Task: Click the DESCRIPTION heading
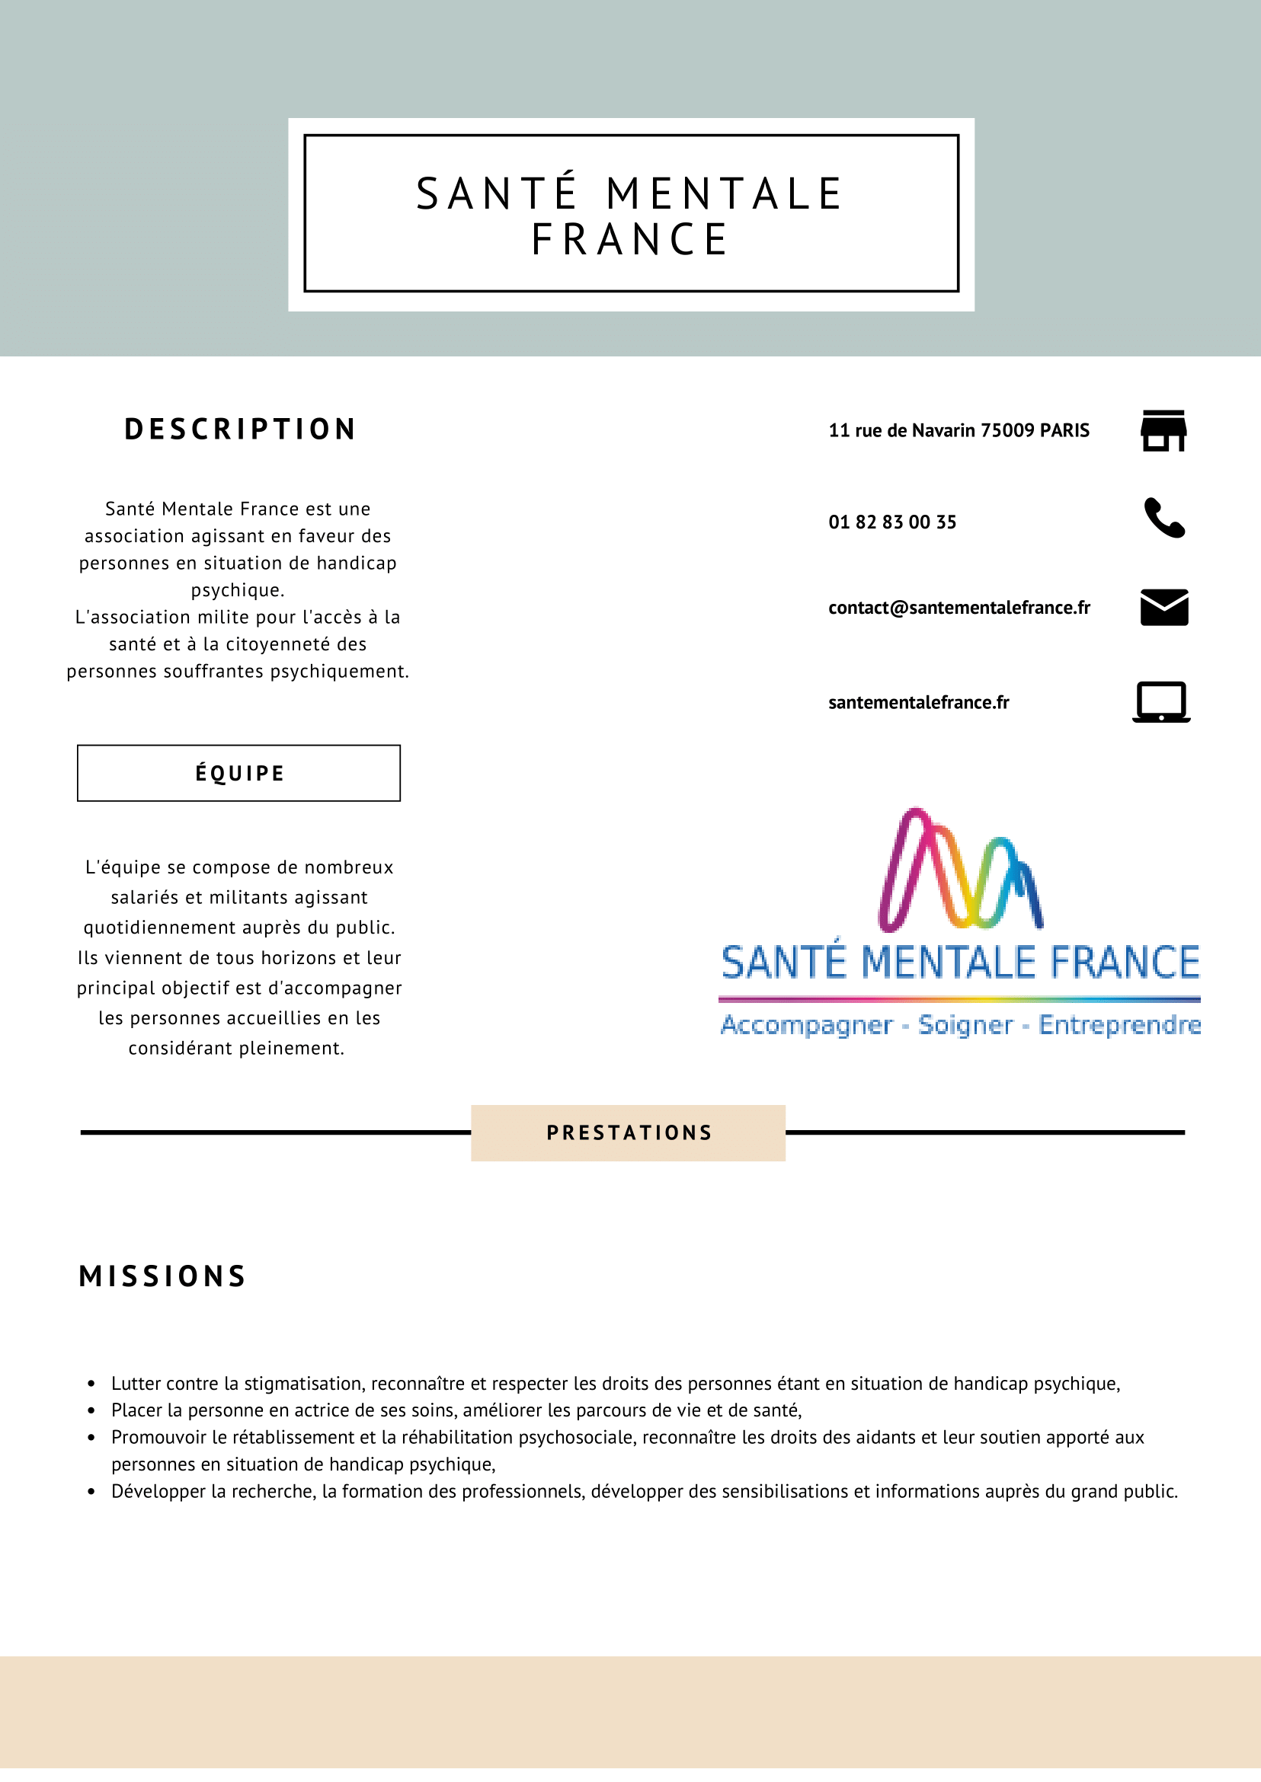tap(240, 430)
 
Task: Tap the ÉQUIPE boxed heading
tap(239, 773)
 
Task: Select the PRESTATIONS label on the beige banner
tap(629, 1132)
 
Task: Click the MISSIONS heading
tap(163, 1277)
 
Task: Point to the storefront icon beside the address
tap(1163, 431)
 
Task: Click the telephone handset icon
tap(1164, 518)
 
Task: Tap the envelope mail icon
tap(1164, 607)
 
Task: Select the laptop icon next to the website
tap(1161, 701)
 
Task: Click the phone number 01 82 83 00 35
tap(892, 522)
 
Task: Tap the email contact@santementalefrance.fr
tap(959, 608)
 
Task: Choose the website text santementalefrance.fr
tap(919, 702)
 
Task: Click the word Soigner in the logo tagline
tap(965, 1025)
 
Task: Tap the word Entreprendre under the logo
tap(1119, 1025)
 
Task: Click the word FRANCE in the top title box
tap(629, 239)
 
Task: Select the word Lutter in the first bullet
tap(136, 1384)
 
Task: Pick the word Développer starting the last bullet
tap(158, 1492)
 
